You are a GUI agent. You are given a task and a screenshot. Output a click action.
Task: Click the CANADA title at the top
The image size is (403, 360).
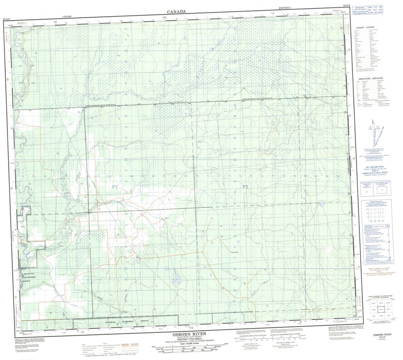pyautogui.click(x=176, y=12)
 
